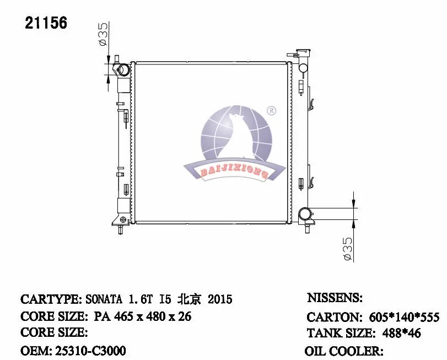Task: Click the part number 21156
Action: (46, 23)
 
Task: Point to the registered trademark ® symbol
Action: (271, 111)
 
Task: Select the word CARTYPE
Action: (51, 299)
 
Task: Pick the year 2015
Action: (219, 299)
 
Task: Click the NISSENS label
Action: (334, 298)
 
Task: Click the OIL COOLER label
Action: (343, 351)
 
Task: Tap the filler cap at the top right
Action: (303, 53)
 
